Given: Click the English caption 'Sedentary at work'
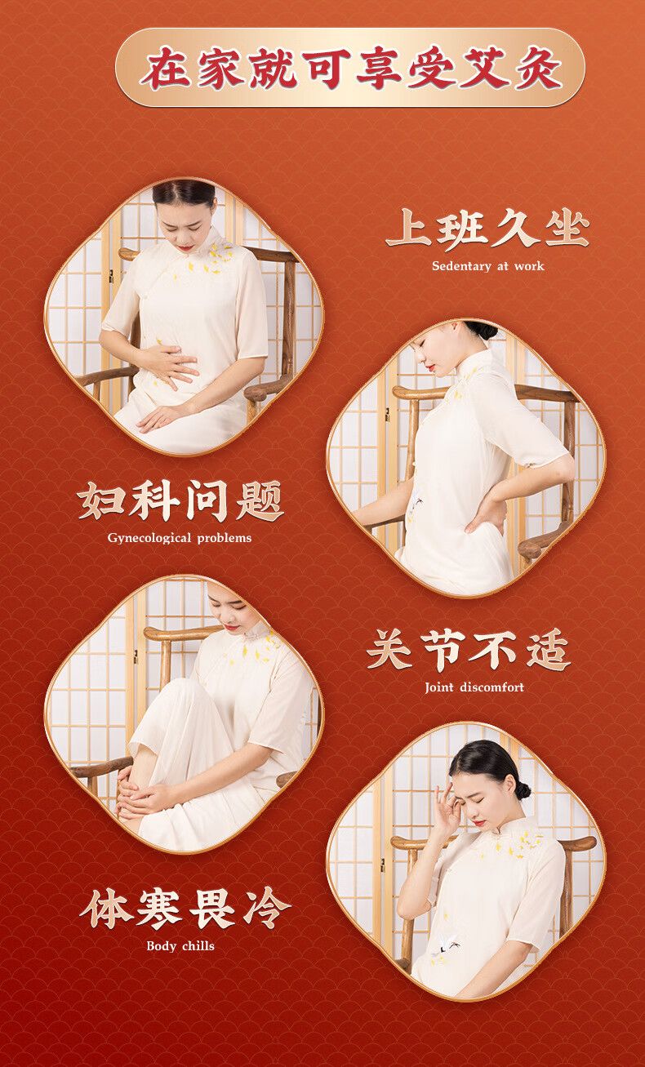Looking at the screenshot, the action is (487, 266).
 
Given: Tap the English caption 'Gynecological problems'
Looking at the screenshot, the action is (179, 538).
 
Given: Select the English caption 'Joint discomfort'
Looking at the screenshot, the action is (474, 687).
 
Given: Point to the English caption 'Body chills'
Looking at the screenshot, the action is (180, 945).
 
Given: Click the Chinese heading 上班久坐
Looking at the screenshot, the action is (487, 229).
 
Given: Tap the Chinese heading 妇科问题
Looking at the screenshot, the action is (180, 501).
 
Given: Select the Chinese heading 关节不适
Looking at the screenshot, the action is (469, 650).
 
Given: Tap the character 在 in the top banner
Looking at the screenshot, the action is (165, 68).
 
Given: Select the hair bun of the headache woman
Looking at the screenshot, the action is (523, 791).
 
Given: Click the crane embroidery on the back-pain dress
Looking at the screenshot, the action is (419, 500).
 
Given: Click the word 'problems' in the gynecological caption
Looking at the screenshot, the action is (224, 538).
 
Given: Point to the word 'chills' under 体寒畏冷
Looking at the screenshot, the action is (198, 945).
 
